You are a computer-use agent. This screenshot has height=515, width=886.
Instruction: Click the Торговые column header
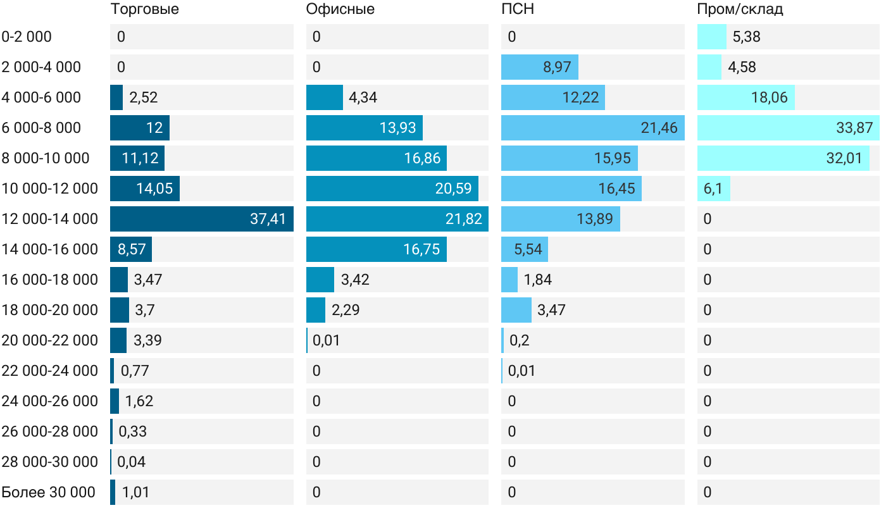144,9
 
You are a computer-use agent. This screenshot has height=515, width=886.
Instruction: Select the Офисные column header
340,9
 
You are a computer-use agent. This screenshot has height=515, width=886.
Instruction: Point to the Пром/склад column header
740,9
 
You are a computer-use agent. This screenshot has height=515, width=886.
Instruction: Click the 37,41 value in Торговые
268,219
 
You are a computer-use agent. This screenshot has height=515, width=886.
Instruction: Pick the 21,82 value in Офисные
463,219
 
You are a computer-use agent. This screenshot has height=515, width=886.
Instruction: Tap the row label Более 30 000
48,492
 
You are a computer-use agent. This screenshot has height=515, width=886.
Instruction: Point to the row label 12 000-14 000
50,219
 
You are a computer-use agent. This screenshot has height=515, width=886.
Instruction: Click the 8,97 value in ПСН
557,67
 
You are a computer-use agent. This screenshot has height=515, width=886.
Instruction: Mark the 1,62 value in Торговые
139,401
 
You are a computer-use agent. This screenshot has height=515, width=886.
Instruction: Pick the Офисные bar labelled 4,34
324,97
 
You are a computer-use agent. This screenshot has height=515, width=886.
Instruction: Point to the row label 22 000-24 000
50,371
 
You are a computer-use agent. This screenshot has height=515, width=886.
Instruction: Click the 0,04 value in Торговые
132,462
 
